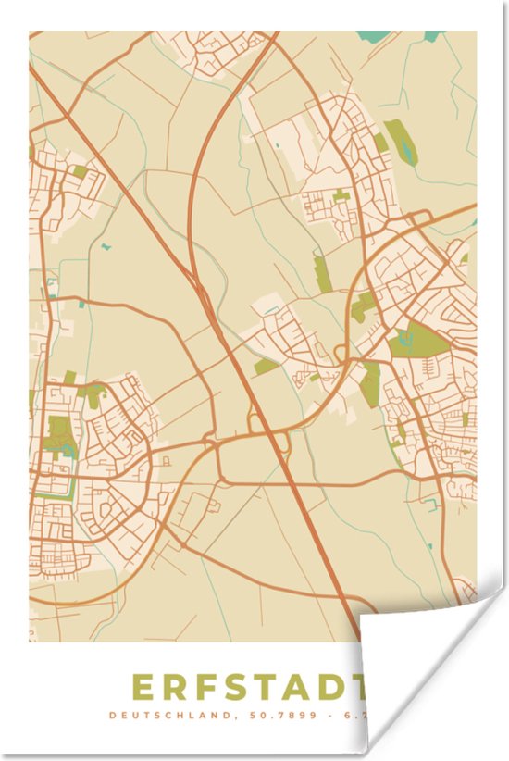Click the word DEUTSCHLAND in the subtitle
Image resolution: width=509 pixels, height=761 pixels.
(158, 715)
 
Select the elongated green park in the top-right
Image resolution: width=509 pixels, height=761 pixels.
(400, 141)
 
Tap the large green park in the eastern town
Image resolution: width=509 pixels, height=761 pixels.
(418, 341)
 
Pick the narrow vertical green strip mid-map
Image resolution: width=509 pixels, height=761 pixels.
(321, 273)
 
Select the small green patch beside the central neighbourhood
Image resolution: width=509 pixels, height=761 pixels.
(267, 367)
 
